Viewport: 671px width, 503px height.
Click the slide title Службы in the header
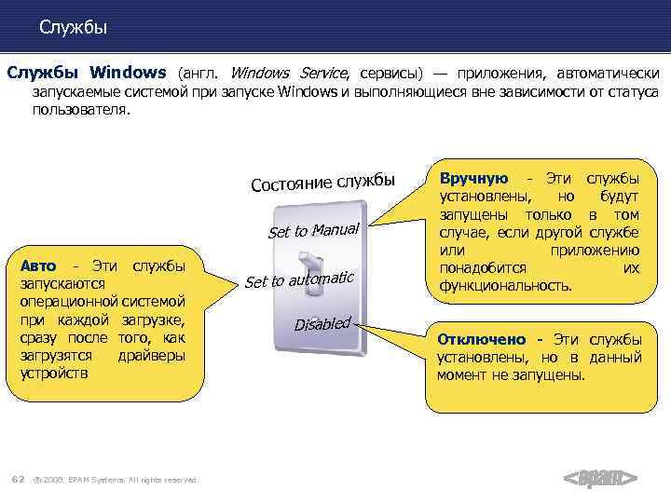[74, 28]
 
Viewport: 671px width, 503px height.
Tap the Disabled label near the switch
[322, 323]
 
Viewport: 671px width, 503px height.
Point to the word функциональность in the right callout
[505, 287]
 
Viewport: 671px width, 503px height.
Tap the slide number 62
[17, 479]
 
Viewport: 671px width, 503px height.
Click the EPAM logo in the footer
[600, 479]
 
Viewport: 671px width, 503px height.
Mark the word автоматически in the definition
[609, 73]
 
